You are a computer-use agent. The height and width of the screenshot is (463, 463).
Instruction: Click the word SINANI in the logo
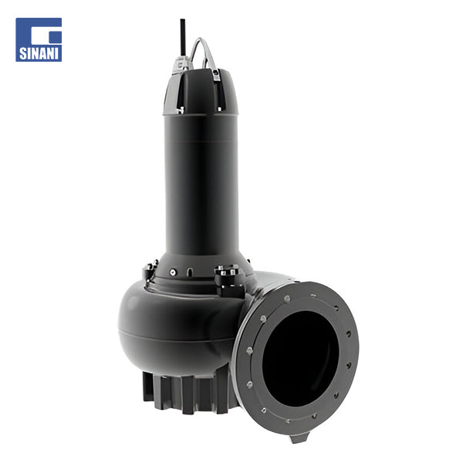click(x=39, y=53)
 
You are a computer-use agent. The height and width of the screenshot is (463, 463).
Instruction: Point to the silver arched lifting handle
click(x=203, y=52)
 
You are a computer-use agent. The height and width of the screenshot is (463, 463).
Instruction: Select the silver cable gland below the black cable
click(x=181, y=63)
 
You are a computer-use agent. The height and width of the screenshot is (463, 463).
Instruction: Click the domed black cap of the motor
click(x=201, y=92)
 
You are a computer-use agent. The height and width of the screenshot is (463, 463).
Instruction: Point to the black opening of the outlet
click(x=300, y=358)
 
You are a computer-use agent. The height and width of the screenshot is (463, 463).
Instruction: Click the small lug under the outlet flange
click(x=299, y=438)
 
